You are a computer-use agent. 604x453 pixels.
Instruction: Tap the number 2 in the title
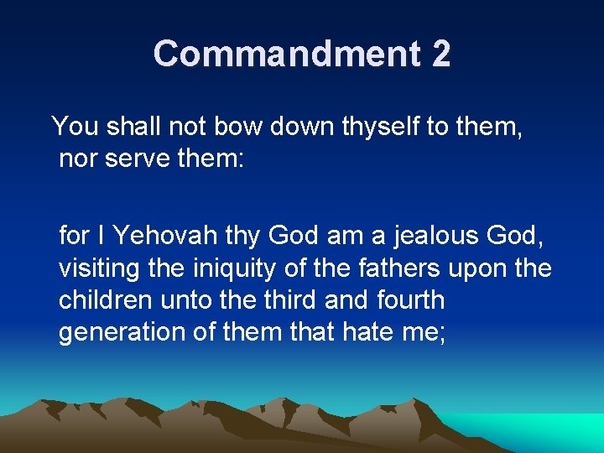tap(441, 54)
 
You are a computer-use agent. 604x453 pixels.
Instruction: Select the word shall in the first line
tap(133, 127)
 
